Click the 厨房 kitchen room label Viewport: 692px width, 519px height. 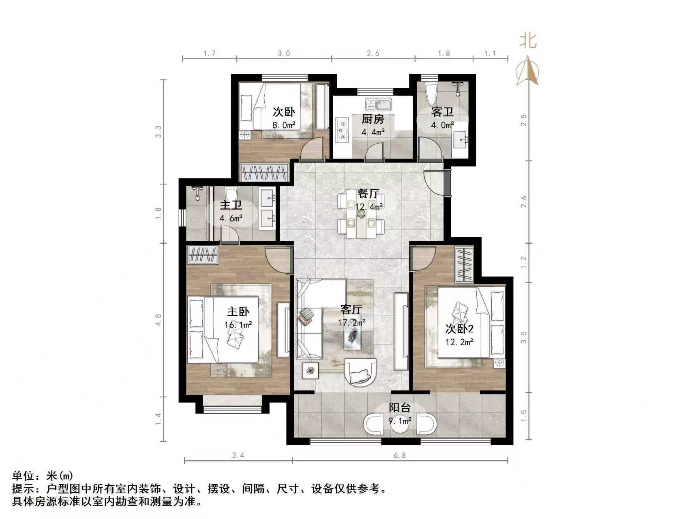[372, 119]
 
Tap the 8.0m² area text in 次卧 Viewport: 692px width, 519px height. [283, 125]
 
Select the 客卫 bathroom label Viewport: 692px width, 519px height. [442, 112]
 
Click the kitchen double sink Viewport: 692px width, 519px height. [378, 105]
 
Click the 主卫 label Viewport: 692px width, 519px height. [231, 205]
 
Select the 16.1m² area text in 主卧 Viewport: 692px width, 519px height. [238, 325]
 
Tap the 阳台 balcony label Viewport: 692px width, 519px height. [400, 407]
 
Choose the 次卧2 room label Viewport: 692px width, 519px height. [459, 328]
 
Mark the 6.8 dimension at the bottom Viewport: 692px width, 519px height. [399, 455]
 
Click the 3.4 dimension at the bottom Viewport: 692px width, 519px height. [238, 455]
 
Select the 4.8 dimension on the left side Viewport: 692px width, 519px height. [159, 320]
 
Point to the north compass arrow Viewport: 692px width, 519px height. [527, 71]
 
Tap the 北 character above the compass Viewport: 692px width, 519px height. [528, 41]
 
